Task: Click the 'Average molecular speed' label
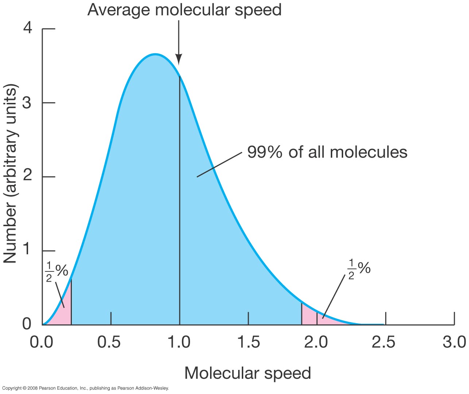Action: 184,9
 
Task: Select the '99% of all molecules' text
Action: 327,152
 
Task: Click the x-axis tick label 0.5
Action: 109,342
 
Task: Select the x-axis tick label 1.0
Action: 178,342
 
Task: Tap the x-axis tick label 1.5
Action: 248,342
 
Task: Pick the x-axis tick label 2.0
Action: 316,342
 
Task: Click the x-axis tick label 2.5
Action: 383,342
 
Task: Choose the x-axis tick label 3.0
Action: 454,342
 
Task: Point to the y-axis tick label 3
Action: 27,103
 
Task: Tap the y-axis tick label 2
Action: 27,177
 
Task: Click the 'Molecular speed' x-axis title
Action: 248,373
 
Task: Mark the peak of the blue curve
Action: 155,55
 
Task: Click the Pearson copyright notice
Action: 85,388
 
